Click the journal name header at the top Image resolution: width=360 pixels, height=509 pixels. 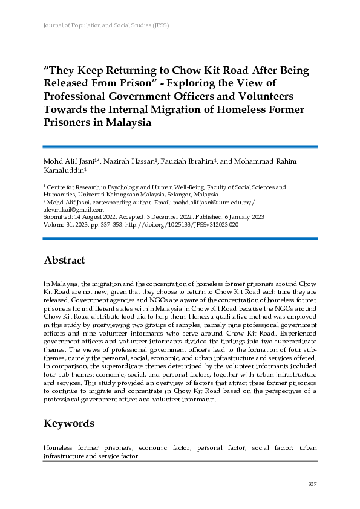[x=106, y=26]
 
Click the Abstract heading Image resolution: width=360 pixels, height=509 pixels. [x=64, y=261]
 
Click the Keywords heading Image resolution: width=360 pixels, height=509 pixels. [x=69, y=423]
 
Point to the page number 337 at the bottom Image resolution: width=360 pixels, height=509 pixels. [x=312, y=484]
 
